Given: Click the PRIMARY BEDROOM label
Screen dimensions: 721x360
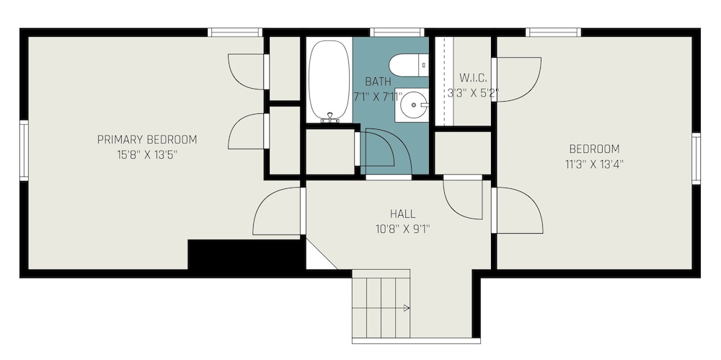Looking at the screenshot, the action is pos(147,139).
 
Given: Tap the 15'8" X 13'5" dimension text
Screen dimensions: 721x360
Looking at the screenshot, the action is pos(147,154).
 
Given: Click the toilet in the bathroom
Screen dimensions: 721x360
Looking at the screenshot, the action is pos(409,65).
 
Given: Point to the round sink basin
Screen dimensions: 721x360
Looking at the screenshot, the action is pos(412,105).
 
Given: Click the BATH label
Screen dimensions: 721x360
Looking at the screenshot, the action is pos(379,82).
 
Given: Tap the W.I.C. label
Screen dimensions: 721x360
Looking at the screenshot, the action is pos(473,78).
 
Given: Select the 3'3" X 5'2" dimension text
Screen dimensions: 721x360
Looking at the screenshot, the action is pos(473,93).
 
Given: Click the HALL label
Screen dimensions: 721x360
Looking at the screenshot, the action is pos(403,214).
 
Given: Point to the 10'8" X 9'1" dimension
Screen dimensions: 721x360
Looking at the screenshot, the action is pos(403,229).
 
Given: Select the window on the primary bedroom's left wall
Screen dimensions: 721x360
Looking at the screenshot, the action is pos(24,151).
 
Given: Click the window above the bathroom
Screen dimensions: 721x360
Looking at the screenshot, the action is pos(397,32).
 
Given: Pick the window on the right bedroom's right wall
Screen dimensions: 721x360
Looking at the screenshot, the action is pos(696,159).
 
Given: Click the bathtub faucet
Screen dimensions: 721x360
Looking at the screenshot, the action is pos(329,118).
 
